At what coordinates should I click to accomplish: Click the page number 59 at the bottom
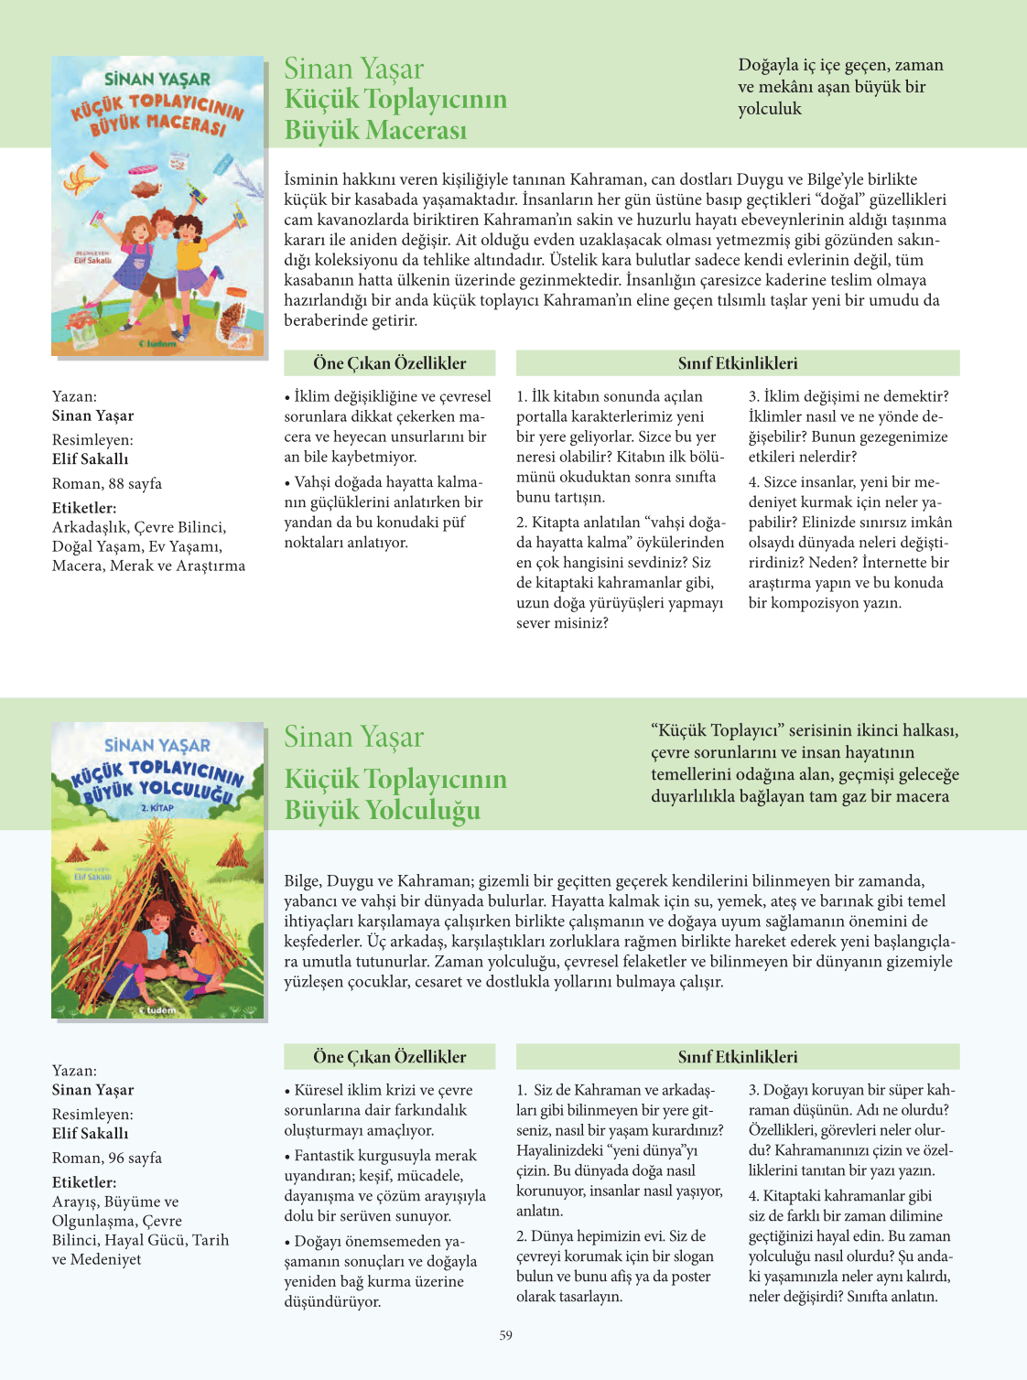click(x=506, y=1335)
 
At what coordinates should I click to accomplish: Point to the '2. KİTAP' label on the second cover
click(x=157, y=808)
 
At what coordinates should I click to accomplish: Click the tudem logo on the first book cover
click(x=157, y=344)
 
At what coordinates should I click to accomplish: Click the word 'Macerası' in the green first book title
click(x=375, y=130)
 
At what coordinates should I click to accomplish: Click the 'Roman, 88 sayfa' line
click(x=107, y=483)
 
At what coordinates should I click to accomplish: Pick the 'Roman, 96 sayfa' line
click(x=107, y=1158)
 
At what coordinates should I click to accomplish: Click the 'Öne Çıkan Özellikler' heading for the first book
click(x=390, y=363)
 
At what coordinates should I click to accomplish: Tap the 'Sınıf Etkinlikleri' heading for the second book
click(x=738, y=1057)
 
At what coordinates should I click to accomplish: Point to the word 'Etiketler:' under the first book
click(x=84, y=508)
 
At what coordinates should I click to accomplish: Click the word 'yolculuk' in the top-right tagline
click(x=770, y=109)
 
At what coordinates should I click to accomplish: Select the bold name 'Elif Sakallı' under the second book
click(x=91, y=1134)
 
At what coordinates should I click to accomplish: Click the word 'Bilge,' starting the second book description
click(x=304, y=881)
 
